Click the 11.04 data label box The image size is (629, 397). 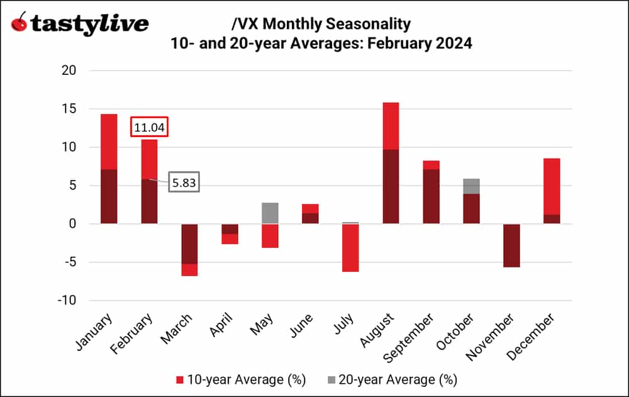point(150,128)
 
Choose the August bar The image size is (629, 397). point(391,163)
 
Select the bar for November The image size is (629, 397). point(511,245)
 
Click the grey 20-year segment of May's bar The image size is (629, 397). point(270,213)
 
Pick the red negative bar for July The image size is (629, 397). point(350,248)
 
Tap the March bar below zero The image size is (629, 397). point(189,249)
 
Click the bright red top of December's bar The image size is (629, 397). point(552,186)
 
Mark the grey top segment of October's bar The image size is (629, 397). point(471,186)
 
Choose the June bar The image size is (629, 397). point(310,214)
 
